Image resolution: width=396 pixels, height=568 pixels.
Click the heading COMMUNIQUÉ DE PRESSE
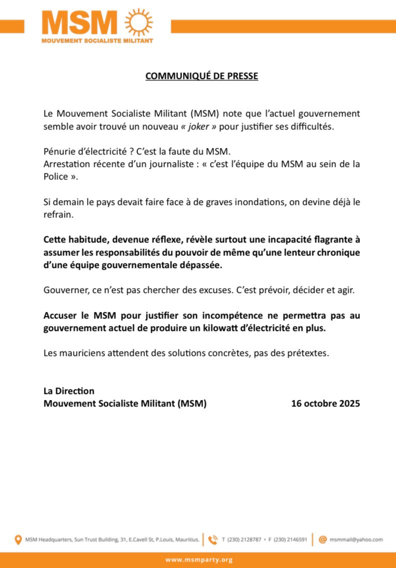201,76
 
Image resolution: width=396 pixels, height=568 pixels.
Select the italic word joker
199,126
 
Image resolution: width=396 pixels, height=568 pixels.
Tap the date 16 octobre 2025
325,403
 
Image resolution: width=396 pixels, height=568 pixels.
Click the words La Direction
69,391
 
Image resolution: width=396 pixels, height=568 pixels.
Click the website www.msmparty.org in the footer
198,560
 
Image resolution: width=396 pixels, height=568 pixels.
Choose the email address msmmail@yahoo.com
356,539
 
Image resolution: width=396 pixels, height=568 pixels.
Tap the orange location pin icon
18,539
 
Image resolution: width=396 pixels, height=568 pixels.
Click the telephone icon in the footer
213,539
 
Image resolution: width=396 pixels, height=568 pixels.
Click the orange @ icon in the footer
322,539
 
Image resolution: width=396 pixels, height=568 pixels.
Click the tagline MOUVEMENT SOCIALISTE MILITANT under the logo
97,40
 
